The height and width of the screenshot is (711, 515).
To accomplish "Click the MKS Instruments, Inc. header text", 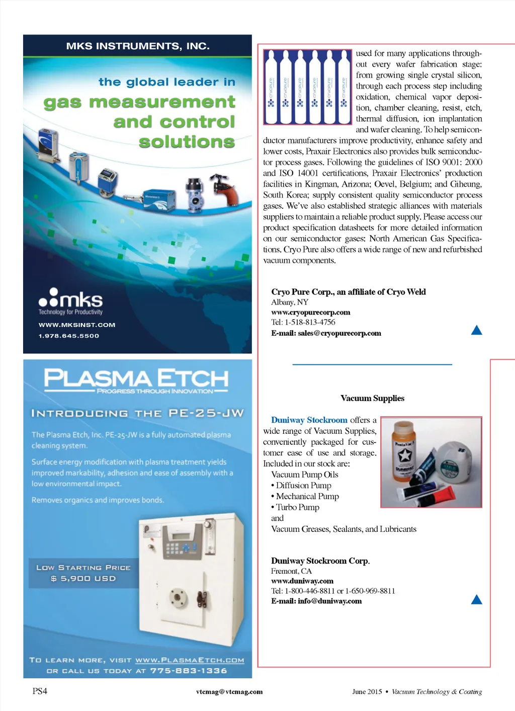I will point(138,46).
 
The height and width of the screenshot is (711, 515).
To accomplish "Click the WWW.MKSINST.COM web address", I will point(77,325).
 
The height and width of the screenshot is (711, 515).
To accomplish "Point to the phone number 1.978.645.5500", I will point(69,336).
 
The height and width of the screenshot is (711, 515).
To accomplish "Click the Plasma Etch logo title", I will point(136,378).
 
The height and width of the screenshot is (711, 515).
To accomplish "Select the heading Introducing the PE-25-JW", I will point(137,414).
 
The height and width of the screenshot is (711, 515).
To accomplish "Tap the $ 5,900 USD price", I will point(83,579).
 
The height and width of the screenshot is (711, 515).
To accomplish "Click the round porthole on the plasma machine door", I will point(177,597).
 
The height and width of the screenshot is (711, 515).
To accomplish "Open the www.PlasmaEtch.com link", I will point(190,660).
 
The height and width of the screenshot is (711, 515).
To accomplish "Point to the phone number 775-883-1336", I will point(189,671).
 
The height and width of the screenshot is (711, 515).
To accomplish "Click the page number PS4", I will point(40,691).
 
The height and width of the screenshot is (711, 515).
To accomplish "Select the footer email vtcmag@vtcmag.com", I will point(229,692).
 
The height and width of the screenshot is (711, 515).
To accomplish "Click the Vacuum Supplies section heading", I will point(372,399).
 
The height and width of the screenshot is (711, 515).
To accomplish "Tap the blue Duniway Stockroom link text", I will point(309,420).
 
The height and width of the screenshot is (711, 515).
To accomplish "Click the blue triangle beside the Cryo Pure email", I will point(476,331).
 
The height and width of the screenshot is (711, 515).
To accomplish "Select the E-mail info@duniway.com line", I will point(316,601).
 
